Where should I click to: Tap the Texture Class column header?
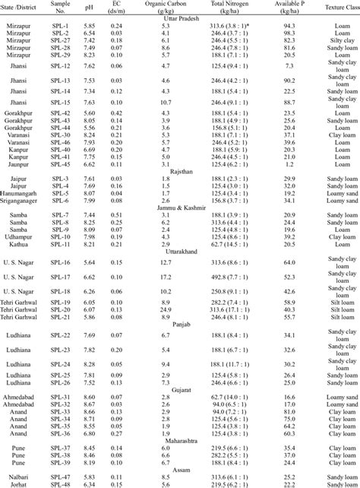coord(332,8)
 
